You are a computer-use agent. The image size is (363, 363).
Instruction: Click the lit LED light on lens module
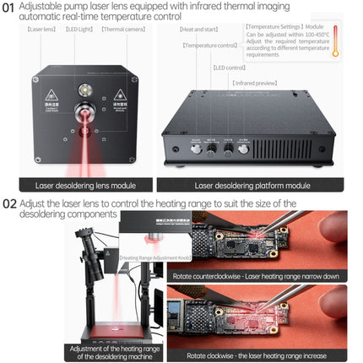(84, 88)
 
